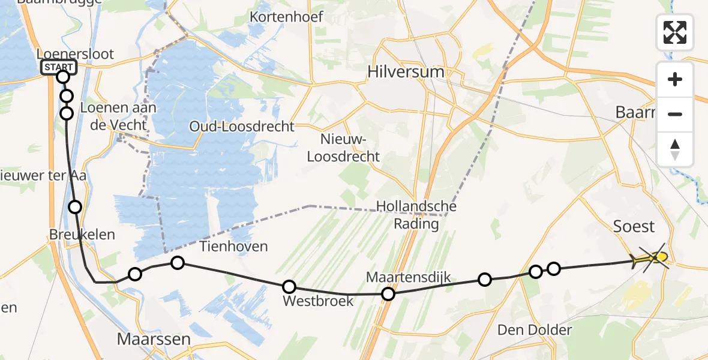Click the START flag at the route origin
(59, 67)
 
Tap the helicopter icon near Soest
(650, 259)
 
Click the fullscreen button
(675, 32)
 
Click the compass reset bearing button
(675, 149)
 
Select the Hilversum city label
(406, 72)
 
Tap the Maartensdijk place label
(407, 277)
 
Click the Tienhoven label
(233, 247)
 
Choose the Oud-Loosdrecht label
(242, 127)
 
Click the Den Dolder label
(535, 329)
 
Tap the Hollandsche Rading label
(416, 215)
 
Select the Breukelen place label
(83, 235)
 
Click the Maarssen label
(154, 339)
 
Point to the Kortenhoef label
(287, 17)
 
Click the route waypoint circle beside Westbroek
(289, 287)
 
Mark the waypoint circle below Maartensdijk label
(388, 293)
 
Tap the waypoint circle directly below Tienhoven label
(177, 262)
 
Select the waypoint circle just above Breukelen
(75, 207)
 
